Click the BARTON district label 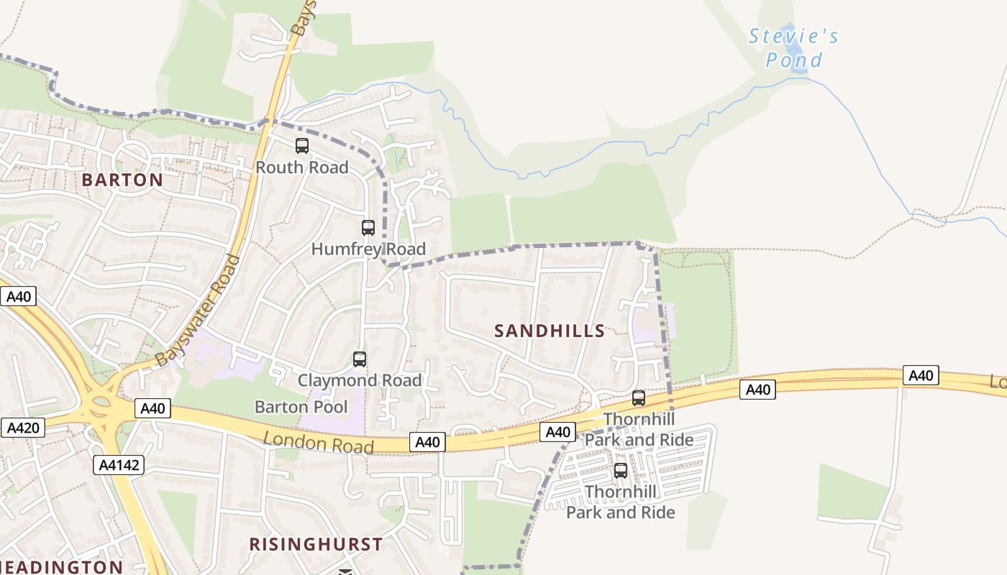tap(122, 180)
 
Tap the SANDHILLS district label tap(550, 331)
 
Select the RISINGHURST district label tap(316, 544)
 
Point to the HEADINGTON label tap(61, 567)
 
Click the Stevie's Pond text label tap(793, 47)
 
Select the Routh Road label tap(302, 167)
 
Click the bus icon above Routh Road tap(302, 146)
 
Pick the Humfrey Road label tap(368, 249)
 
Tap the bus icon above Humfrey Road tap(368, 228)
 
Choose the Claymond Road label tap(360, 380)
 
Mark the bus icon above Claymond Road tap(360, 359)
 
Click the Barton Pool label tap(301, 407)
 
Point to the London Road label tap(318, 442)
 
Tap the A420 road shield tap(22, 428)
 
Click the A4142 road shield tap(118, 465)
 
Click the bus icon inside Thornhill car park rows tap(620, 471)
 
